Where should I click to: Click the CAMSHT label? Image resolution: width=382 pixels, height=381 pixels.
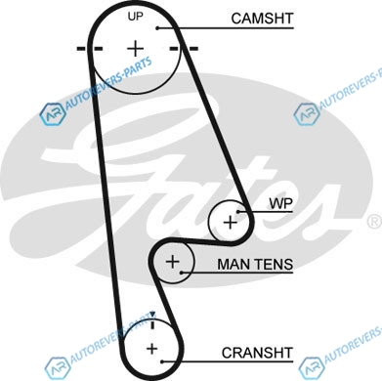coord(262,19)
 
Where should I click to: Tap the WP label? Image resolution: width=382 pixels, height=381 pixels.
coord(280,203)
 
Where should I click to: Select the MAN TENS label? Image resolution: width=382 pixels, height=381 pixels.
coord(255,264)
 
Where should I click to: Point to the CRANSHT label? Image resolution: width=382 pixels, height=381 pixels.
coord(257,353)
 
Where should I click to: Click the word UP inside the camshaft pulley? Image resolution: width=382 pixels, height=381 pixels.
coord(135,16)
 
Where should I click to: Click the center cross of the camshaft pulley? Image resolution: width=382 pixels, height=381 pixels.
coord(135,49)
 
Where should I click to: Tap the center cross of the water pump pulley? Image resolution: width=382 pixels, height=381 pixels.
coord(231,223)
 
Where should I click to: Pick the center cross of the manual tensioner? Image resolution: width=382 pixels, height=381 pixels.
coord(173,262)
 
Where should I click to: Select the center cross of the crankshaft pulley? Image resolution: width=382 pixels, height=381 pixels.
coord(151,349)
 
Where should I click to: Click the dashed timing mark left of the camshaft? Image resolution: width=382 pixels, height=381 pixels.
coord(90,49)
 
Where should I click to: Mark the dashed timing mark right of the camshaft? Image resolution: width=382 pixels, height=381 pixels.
coord(184,49)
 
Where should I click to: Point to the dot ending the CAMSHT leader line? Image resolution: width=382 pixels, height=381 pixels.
coord(157,28)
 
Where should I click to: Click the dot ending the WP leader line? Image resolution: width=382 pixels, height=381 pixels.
coord(238,212)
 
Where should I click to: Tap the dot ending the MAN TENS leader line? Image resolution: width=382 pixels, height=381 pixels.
coord(182,273)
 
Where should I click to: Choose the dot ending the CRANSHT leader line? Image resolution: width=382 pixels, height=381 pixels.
coord(162,361)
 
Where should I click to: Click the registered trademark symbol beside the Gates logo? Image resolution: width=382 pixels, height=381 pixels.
coord(375,222)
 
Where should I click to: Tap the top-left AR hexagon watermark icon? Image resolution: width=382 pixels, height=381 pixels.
coord(53,114)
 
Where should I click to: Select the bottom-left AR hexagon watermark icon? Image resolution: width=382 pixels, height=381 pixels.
coord(58,368)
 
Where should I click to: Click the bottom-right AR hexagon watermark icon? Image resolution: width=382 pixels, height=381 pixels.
coord(312,368)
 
